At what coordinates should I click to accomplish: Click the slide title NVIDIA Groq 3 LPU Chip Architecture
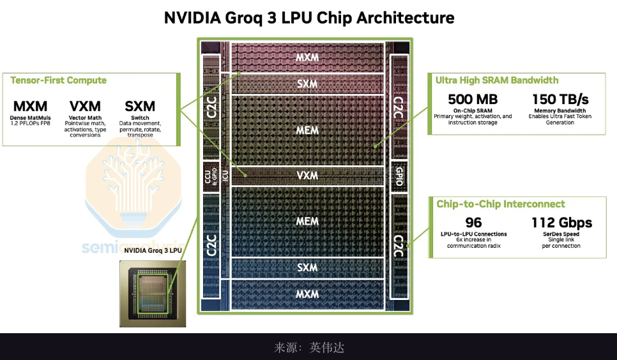[x=308, y=17]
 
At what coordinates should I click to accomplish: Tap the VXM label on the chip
[x=307, y=175]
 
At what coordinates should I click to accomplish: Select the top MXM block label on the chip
[x=307, y=57]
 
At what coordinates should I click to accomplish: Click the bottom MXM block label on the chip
[x=307, y=294]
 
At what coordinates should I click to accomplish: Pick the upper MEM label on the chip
[x=307, y=130]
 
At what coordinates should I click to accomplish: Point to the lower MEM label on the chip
[x=307, y=221]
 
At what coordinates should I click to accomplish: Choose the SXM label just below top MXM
[x=307, y=84]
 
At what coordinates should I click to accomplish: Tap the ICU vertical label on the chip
[x=224, y=176]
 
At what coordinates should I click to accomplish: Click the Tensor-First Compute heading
[x=59, y=80]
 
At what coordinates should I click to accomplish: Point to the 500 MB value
[x=473, y=100]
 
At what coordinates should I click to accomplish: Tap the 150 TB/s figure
[x=560, y=100]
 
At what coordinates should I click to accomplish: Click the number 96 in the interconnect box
[x=473, y=223]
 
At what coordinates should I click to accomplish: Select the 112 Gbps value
[x=562, y=223]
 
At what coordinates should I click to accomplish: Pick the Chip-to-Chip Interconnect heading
[x=500, y=204]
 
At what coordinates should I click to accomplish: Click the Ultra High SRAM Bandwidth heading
[x=497, y=80]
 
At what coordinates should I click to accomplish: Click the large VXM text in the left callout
[x=85, y=106]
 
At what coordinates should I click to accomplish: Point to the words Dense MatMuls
[x=30, y=117]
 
